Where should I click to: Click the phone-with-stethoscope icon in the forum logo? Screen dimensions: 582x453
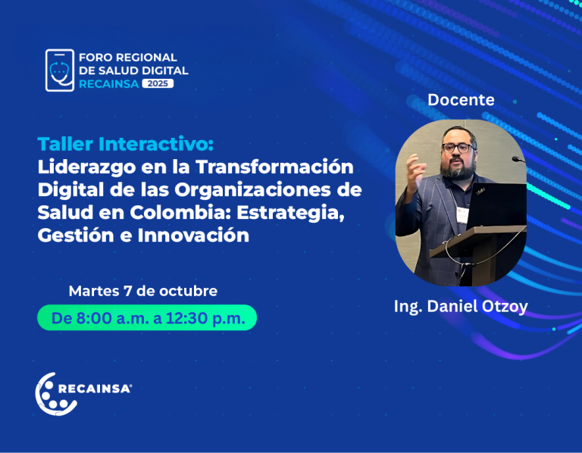tap(60, 70)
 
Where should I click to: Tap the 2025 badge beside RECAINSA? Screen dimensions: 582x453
tap(158, 83)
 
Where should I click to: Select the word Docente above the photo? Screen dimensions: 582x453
tap(461, 100)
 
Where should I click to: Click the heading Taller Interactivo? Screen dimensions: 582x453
tap(126, 144)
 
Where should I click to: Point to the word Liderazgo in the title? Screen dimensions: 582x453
tap(87, 167)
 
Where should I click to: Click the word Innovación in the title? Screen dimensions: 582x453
tap(193, 236)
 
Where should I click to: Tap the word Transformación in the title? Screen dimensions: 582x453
tap(274, 167)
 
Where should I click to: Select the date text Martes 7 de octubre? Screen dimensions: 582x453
tap(143, 291)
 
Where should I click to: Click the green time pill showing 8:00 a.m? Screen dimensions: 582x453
tap(147, 317)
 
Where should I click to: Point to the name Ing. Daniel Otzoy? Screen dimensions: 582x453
tap(461, 307)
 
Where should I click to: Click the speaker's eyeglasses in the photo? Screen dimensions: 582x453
tap(457, 148)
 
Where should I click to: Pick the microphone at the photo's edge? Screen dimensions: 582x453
tap(518, 160)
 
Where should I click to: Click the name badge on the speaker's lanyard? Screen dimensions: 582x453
tap(462, 215)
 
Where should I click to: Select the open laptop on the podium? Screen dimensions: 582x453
tap(496, 205)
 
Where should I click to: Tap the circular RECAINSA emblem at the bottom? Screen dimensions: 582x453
tap(55, 394)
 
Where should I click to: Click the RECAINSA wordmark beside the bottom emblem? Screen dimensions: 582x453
tap(95, 389)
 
